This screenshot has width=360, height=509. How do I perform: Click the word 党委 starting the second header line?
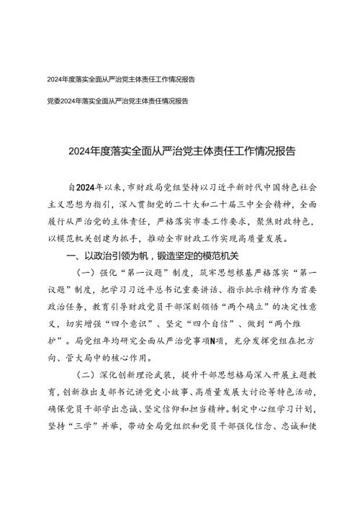coord(50,102)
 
